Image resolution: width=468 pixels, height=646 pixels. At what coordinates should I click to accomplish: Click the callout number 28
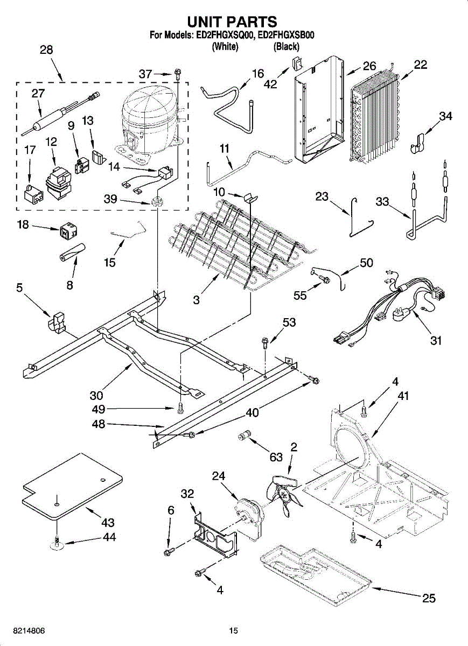click(46, 51)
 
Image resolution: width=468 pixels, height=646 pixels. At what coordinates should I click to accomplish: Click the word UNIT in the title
click(208, 22)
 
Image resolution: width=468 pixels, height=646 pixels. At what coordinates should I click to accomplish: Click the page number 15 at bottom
click(233, 631)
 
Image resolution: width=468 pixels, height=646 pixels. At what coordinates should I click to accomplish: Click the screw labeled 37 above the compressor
click(178, 73)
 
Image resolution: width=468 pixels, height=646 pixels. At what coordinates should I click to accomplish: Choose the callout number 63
click(276, 458)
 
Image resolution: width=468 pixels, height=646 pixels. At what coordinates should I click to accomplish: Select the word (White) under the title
click(225, 47)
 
